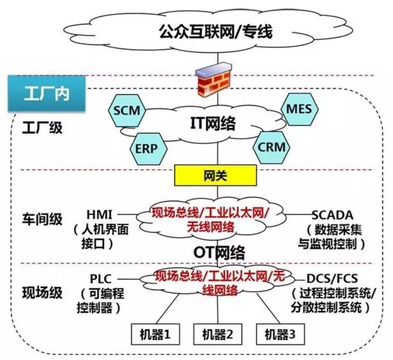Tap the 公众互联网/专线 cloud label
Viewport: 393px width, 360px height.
point(216,32)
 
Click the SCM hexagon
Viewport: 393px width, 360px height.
point(127,111)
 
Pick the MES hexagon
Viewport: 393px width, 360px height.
point(299,108)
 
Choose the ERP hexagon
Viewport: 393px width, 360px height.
point(147,147)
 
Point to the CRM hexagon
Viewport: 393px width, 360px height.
point(271,147)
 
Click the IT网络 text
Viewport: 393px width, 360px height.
point(213,124)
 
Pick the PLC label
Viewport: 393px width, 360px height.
point(100,279)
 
